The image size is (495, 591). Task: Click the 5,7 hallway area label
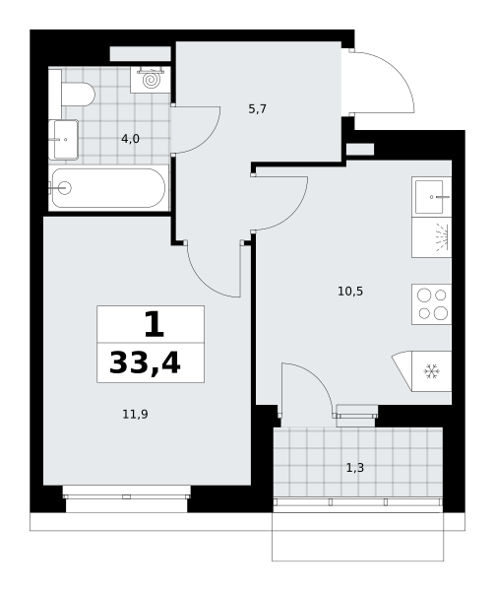[x=258, y=109]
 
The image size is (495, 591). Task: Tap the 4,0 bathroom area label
[x=130, y=139]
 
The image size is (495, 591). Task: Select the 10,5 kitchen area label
[x=350, y=292]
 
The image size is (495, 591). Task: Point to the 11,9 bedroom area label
[x=135, y=415]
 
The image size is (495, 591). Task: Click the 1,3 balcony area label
[x=355, y=468]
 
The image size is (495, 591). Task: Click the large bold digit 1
[x=155, y=325]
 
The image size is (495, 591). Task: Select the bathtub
[x=108, y=188]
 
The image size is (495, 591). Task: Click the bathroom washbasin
[x=64, y=140]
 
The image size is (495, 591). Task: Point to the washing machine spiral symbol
[x=151, y=80]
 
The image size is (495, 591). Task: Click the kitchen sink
[x=432, y=196]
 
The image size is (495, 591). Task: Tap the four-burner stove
[x=432, y=303]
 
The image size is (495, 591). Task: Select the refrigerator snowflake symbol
[x=431, y=371]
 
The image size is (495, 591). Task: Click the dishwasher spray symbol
[x=442, y=237]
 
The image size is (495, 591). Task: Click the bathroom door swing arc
[x=206, y=140]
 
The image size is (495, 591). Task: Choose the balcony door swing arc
[x=317, y=377]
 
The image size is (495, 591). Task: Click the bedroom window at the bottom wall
[x=127, y=496]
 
